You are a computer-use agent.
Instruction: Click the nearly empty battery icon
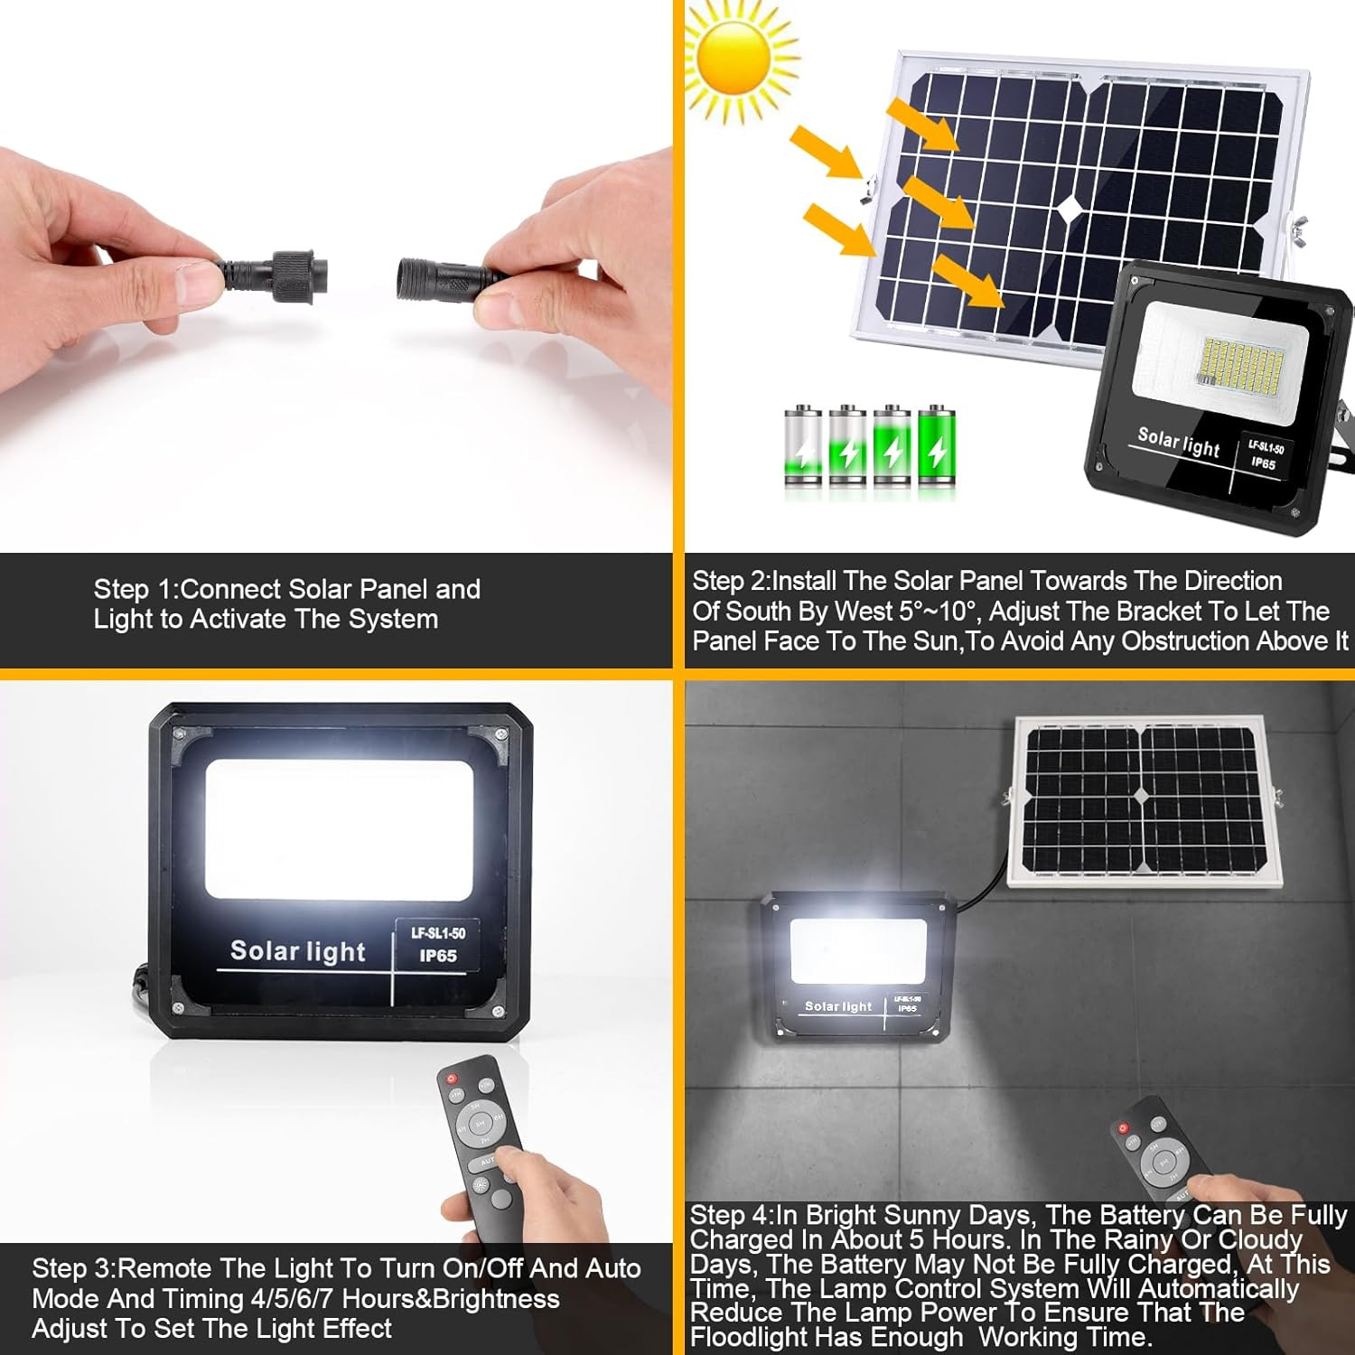(803, 449)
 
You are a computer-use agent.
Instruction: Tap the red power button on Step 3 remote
(452, 1079)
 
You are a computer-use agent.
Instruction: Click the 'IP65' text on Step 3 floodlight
(438, 956)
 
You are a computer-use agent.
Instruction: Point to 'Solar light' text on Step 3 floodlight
(298, 951)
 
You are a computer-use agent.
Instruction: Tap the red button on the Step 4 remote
(1124, 1127)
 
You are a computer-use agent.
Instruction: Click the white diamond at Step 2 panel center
(1070, 210)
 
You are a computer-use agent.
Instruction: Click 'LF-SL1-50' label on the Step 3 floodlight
(438, 933)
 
